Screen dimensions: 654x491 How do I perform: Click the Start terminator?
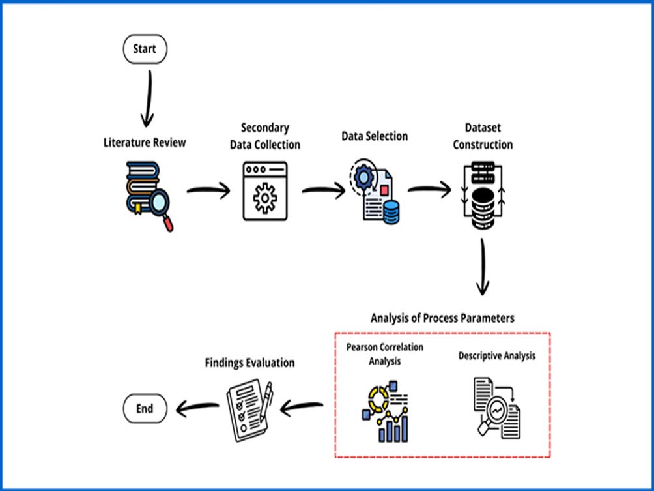click(145, 49)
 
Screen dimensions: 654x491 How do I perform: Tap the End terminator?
click(145, 408)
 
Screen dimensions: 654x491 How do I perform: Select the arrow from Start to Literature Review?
click(148, 98)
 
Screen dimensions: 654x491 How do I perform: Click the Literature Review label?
click(145, 142)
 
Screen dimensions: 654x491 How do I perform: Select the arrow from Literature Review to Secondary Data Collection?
click(208, 191)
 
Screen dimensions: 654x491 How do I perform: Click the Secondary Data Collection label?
click(265, 136)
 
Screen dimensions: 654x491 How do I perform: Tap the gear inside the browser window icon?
click(265, 198)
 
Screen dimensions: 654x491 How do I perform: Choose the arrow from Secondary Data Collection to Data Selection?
click(324, 191)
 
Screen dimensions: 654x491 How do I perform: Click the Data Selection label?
click(375, 136)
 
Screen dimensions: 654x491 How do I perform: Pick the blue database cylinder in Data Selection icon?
click(391, 212)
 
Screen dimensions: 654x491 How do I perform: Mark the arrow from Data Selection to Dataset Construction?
click(430, 190)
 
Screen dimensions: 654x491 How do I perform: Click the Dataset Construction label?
click(483, 136)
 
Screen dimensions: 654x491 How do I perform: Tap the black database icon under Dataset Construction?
click(483, 196)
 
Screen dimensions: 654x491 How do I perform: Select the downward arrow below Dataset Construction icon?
click(483, 267)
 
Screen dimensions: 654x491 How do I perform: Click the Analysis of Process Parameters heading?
click(442, 318)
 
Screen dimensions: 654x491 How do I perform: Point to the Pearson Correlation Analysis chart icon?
click(385, 411)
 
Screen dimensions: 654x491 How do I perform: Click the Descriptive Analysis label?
click(497, 356)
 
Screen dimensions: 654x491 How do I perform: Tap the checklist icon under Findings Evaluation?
click(249, 410)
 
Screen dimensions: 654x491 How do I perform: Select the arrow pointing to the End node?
click(197, 408)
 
